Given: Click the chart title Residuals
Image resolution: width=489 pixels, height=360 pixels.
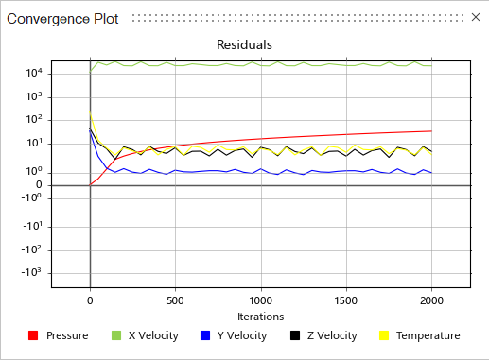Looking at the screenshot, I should (244, 44).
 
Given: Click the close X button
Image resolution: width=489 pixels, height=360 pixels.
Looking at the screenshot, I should (474, 18).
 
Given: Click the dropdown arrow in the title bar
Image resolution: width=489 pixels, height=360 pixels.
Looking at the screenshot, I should (455, 18).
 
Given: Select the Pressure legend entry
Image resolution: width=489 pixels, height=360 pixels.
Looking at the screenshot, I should (66, 335).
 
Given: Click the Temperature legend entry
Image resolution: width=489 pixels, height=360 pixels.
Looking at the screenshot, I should (427, 335).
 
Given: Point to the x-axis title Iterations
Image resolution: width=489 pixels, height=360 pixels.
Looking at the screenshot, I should (261, 317).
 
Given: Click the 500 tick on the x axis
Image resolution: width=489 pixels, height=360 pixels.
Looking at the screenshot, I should (175, 301).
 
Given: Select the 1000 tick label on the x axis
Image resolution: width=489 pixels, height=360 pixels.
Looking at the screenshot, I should (261, 301).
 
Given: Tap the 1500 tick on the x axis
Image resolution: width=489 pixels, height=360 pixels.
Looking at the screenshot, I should (346, 301).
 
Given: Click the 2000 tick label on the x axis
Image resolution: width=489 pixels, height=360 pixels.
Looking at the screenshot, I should (431, 301).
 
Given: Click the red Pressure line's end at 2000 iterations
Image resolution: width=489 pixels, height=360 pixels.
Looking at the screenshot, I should (431, 131).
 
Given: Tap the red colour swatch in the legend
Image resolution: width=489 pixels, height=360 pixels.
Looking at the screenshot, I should (33, 335).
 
